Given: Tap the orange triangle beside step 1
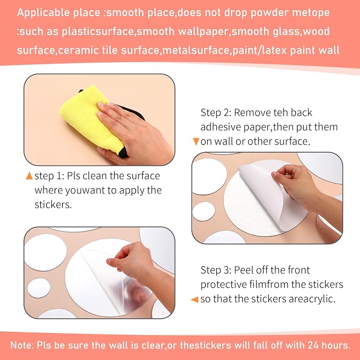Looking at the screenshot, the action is pos(29,176).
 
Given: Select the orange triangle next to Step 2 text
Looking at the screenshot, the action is pos(196,142).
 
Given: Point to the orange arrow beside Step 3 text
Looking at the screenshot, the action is pos(195,300).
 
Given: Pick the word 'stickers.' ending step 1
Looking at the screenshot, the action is pos(53,205).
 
